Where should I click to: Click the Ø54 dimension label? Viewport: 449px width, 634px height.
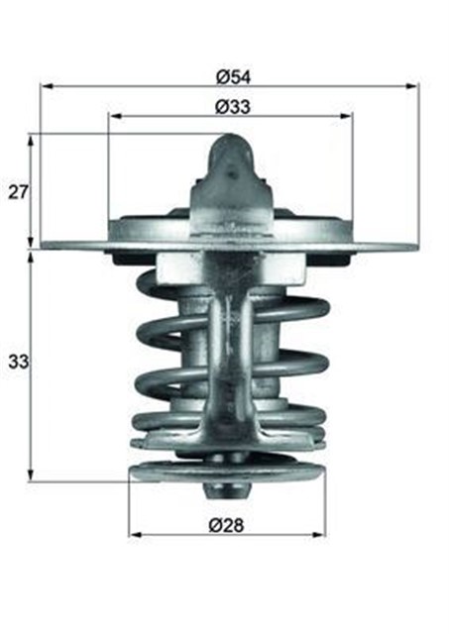pos(231,75)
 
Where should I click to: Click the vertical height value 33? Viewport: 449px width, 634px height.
pos(17,363)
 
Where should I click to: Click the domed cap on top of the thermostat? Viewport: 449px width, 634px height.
pos(232,158)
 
